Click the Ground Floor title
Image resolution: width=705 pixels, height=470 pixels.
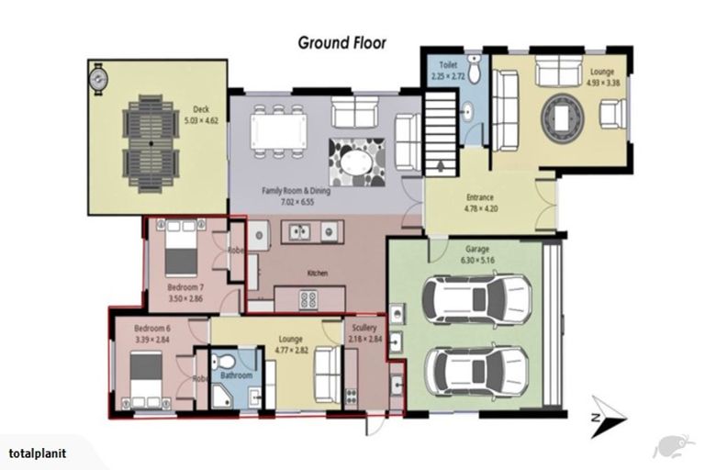341,42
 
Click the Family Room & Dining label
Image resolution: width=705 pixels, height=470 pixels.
295,190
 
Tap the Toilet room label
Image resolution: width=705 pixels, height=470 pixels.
448,66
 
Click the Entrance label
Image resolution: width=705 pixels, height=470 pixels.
479,197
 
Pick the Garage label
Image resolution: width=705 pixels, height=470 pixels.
476,249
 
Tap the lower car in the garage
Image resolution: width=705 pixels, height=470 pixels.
476,369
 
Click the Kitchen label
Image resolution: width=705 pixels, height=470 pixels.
318,274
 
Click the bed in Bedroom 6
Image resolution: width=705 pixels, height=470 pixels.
146,377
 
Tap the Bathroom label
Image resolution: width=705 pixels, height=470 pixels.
235,375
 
